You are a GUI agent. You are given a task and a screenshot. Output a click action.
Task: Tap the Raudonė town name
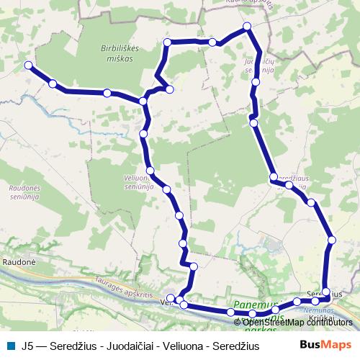(17, 264)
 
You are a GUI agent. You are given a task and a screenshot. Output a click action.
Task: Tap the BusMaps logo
(328, 344)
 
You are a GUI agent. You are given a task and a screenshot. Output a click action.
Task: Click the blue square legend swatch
(9, 345)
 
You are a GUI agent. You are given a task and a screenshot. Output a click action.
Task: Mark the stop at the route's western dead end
(29, 66)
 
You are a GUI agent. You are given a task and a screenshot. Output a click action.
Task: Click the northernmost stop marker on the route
(247, 27)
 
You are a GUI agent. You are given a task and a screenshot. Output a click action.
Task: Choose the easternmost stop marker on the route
(331, 240)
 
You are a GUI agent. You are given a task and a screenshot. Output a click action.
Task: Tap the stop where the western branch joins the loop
(143, 102)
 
